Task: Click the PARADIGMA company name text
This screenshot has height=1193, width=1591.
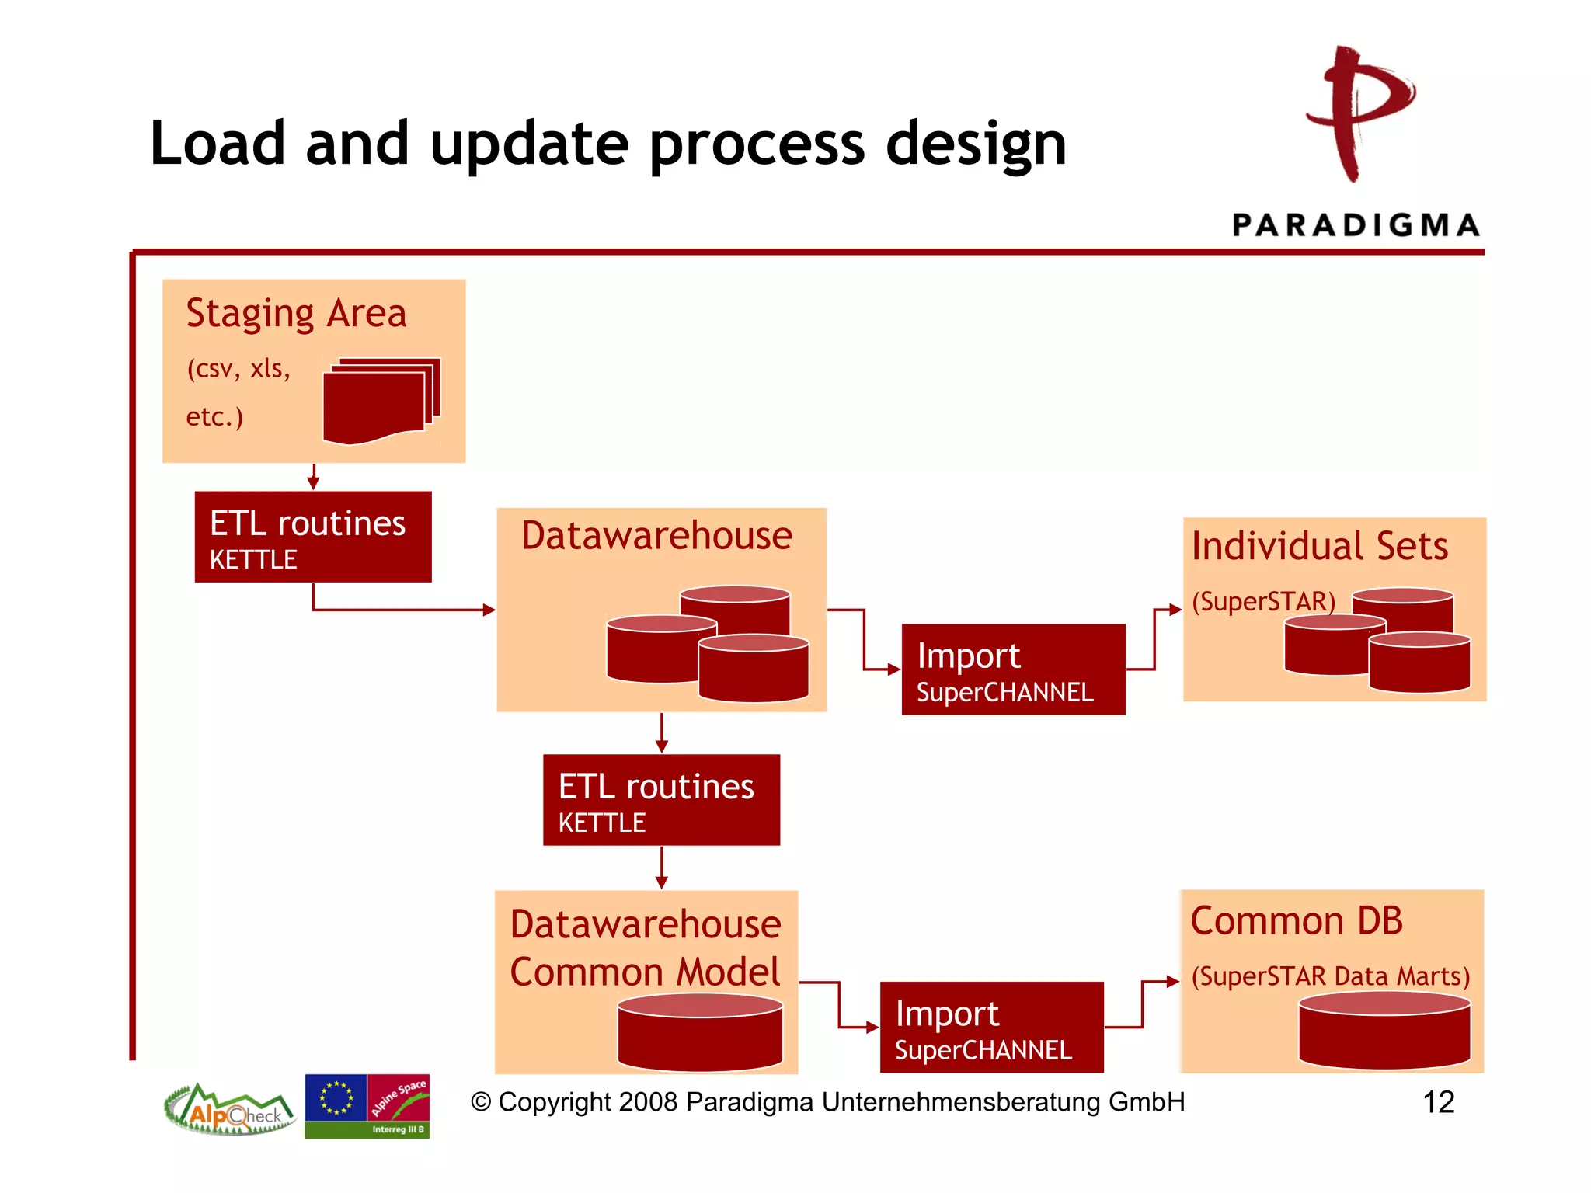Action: (x=1356, y=225)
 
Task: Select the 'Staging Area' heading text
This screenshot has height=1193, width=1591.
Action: (x=296, y=314)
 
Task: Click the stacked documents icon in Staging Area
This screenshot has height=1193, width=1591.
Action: (x=381, y=400)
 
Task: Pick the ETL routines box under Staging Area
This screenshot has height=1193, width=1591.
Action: (x=312, y=537)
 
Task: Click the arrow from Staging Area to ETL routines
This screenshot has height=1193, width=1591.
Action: (x=313, y=477)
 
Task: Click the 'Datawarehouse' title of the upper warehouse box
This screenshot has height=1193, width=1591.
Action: (x=656, y=536)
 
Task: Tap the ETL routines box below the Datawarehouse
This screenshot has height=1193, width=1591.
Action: (x=661, y=800)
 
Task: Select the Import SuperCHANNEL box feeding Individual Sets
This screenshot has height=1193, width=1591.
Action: (x=1012, y=670)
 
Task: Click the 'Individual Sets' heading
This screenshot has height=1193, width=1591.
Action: (x=1319, y=546)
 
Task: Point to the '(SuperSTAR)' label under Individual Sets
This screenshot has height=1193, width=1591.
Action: (x=1263, y=601)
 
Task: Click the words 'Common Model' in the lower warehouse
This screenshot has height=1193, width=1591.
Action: (x=645, y=972)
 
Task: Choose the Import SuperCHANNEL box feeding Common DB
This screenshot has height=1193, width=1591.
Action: (x=991, y=1028)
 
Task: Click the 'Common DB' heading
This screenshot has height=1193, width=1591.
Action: (x=1296, y=921)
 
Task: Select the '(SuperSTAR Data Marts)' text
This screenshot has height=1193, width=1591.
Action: (x=1330, y=976)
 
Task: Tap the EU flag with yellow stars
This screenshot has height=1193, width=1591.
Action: (x=336, y=1097)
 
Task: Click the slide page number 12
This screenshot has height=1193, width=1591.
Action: (x=1438, y=1102)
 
